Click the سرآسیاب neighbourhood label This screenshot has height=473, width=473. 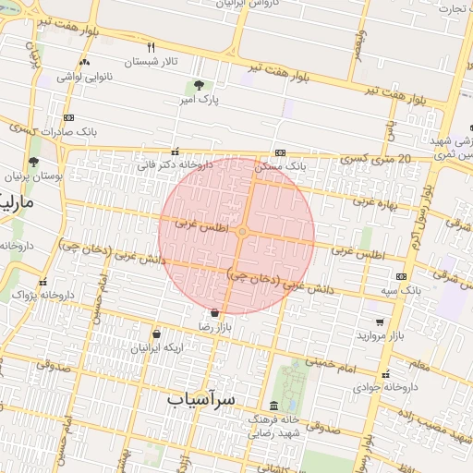pos(202,399)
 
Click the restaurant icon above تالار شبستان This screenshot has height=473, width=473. pos(152,46)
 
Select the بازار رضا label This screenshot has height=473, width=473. pos(216,327)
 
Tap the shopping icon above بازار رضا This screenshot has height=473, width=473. pos(215,312)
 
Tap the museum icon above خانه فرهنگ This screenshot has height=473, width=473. pos(273,406)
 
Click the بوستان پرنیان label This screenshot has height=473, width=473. pos(30,176)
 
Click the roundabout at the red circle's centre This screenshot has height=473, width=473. pos(242,232)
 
